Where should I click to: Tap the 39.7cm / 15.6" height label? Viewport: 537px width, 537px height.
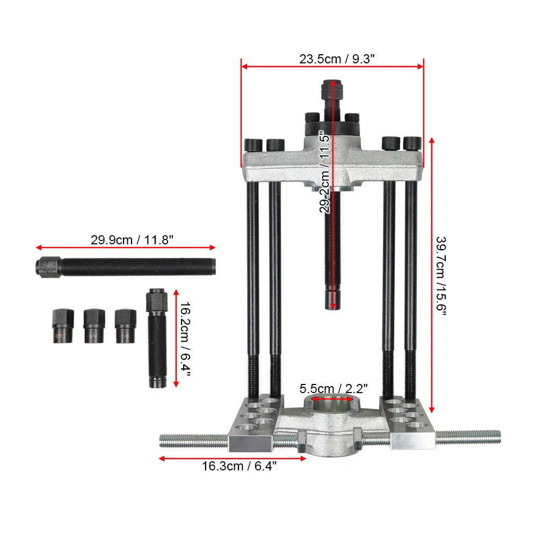[x=440, y=277]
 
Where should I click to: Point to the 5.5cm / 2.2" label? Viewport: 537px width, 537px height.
[x=333, y=388]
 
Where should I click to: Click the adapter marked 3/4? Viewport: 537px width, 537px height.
[x=93, y=327]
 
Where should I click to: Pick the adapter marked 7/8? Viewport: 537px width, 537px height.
[x=125, y=326]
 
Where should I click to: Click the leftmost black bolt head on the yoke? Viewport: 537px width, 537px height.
[x=253, y=144]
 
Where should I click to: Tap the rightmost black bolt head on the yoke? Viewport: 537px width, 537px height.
[x=411, y=143]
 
